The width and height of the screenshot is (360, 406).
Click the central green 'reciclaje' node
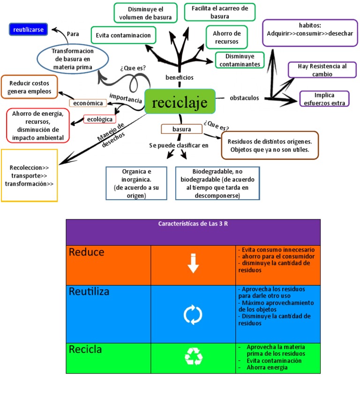(x=180, y=101)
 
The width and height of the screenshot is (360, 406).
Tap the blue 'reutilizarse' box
(x=28, y=30)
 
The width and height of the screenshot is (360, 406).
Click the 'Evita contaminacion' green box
(x=123, y=35)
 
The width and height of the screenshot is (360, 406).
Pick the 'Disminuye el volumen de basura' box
(x=145, y=13)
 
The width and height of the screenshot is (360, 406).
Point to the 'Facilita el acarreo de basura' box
(x=219, y=12)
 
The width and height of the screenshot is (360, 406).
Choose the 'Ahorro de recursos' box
(x=226, y=38)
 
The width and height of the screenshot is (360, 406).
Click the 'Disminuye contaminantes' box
(x=240, y=60)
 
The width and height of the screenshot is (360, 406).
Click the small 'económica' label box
(x=88, y=103)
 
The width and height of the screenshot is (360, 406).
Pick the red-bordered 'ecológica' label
(x=100, y=119)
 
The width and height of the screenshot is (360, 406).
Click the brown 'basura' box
(x=181, y=129)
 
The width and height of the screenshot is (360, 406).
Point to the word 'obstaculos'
(x=244, y=98)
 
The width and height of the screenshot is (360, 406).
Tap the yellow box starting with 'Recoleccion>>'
(x=30, y=175)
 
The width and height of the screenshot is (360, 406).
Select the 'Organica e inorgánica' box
(x=136, y=183)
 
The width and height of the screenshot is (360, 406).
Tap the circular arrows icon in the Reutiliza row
(x=193, y=315)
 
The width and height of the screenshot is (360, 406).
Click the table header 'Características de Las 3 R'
(x=193, y=224)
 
